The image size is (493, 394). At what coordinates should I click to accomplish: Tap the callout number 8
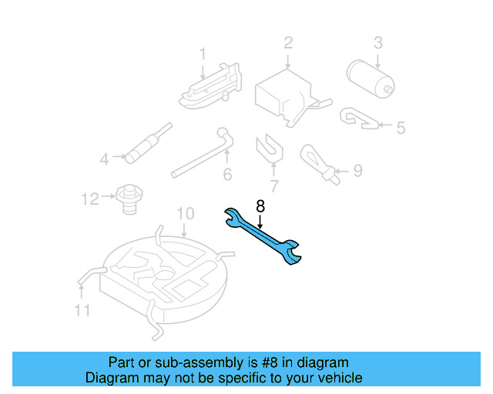point(260,206)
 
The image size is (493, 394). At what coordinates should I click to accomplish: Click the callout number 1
point(203,54)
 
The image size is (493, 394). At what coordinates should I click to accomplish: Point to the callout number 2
point(288,42)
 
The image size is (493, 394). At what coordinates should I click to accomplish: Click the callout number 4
point(105,160)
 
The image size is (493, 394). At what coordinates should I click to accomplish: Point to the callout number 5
point(400,128)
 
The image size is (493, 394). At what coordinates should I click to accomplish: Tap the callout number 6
point(227,175)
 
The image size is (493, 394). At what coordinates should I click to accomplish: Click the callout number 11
point(82,310)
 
